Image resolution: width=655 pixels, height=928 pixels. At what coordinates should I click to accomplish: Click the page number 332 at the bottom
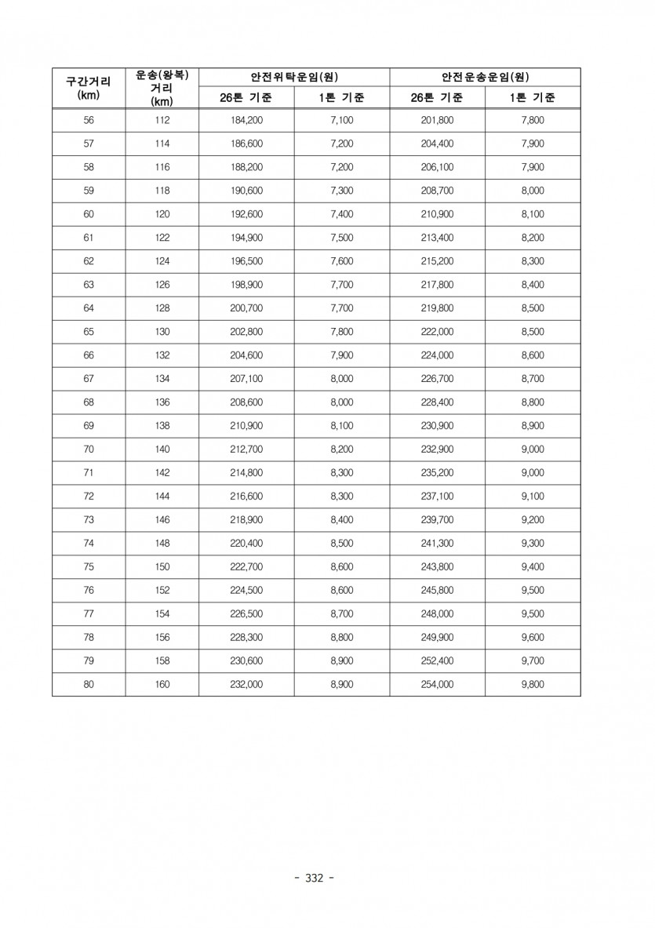coord(313,878)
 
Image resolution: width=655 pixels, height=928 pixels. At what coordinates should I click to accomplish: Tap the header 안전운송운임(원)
coord(485,77)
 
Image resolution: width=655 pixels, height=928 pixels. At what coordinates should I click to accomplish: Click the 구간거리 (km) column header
coord(88,87)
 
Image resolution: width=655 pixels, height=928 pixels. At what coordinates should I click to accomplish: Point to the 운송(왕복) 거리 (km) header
coord(162,87)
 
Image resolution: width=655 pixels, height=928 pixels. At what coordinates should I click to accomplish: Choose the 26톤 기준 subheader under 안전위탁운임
coord(246,98)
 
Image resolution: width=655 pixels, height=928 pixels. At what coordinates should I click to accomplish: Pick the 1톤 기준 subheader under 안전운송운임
coord(533,98)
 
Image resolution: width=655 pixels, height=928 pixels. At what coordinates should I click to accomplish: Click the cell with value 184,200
coord(246,120)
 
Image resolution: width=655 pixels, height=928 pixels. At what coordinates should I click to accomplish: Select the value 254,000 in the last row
coord(437,684)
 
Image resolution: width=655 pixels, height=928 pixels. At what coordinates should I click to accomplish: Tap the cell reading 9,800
coord(533,684)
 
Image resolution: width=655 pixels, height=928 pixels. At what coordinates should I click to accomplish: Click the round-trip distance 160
coord(162,684)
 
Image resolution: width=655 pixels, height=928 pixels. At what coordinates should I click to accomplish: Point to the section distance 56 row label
coord(88,120)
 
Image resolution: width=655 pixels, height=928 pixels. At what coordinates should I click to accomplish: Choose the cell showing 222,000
coord(437,332)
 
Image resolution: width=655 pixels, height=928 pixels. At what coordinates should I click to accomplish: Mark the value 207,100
coord(246,379)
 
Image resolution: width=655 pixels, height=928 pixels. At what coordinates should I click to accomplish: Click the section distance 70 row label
coord(88,449)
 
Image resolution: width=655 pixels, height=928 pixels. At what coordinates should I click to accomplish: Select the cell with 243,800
coord(437,567)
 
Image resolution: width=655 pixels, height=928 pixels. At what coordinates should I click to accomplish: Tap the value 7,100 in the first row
coord(342,120)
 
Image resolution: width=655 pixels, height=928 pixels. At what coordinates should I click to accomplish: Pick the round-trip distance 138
coord(162,426)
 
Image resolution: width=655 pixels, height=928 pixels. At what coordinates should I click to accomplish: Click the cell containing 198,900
coord(246,285)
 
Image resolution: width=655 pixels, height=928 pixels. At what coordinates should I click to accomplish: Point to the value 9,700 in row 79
coord(533,661)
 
